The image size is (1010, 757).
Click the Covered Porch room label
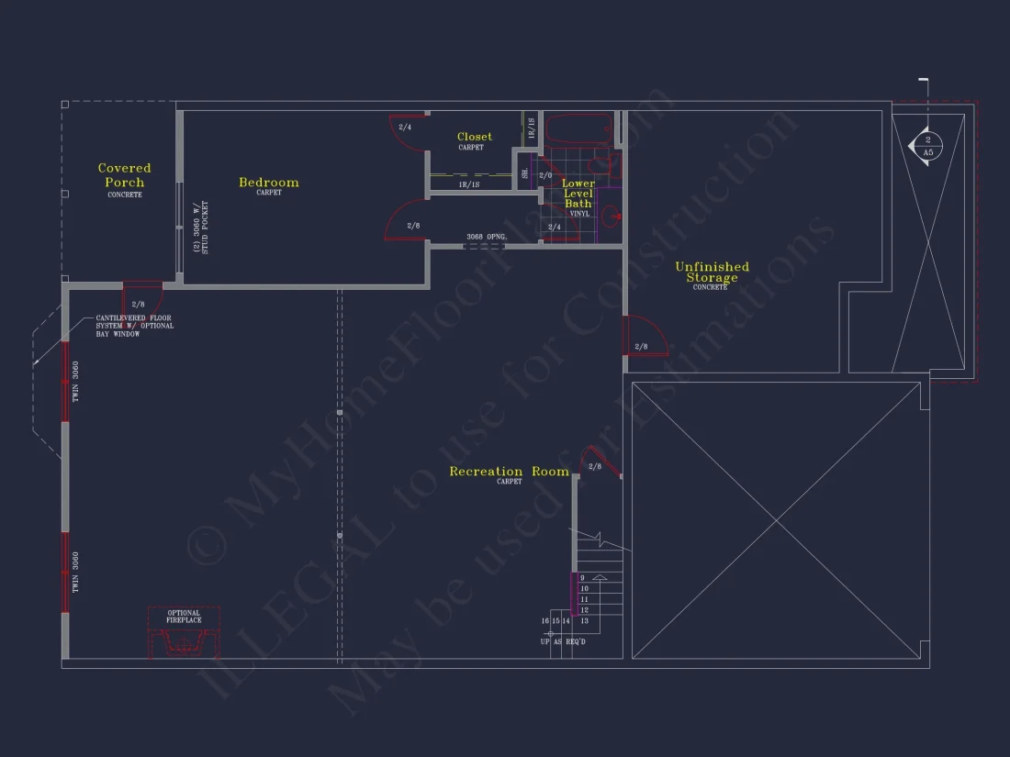124,175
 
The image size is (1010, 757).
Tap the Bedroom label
268,183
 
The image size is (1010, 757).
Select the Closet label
474,138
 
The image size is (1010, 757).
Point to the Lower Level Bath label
578,194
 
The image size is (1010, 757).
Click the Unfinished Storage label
712,273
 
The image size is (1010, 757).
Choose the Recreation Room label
509,472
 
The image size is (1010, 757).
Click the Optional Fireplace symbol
184,633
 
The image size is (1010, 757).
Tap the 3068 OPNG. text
487,237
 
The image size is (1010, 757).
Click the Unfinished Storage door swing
638,335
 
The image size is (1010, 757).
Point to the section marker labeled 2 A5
927,146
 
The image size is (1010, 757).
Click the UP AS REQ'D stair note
563,641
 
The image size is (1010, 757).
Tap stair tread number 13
584,621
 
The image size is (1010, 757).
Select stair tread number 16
545,621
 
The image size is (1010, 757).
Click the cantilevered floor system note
134,326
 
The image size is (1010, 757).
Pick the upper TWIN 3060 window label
75,382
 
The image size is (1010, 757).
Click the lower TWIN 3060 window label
75,571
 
